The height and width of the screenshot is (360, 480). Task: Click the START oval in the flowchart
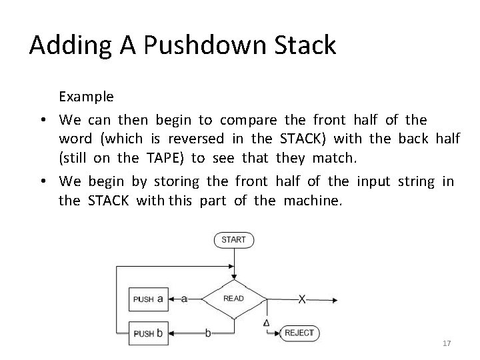234,239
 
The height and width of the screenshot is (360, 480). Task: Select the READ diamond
233,299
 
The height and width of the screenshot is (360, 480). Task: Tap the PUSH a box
147,299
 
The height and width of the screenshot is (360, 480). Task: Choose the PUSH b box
147,333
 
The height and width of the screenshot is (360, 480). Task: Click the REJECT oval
299,333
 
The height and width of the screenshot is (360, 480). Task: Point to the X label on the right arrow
302,299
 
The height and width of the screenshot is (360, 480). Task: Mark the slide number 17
447,343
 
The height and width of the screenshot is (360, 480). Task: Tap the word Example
86,96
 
